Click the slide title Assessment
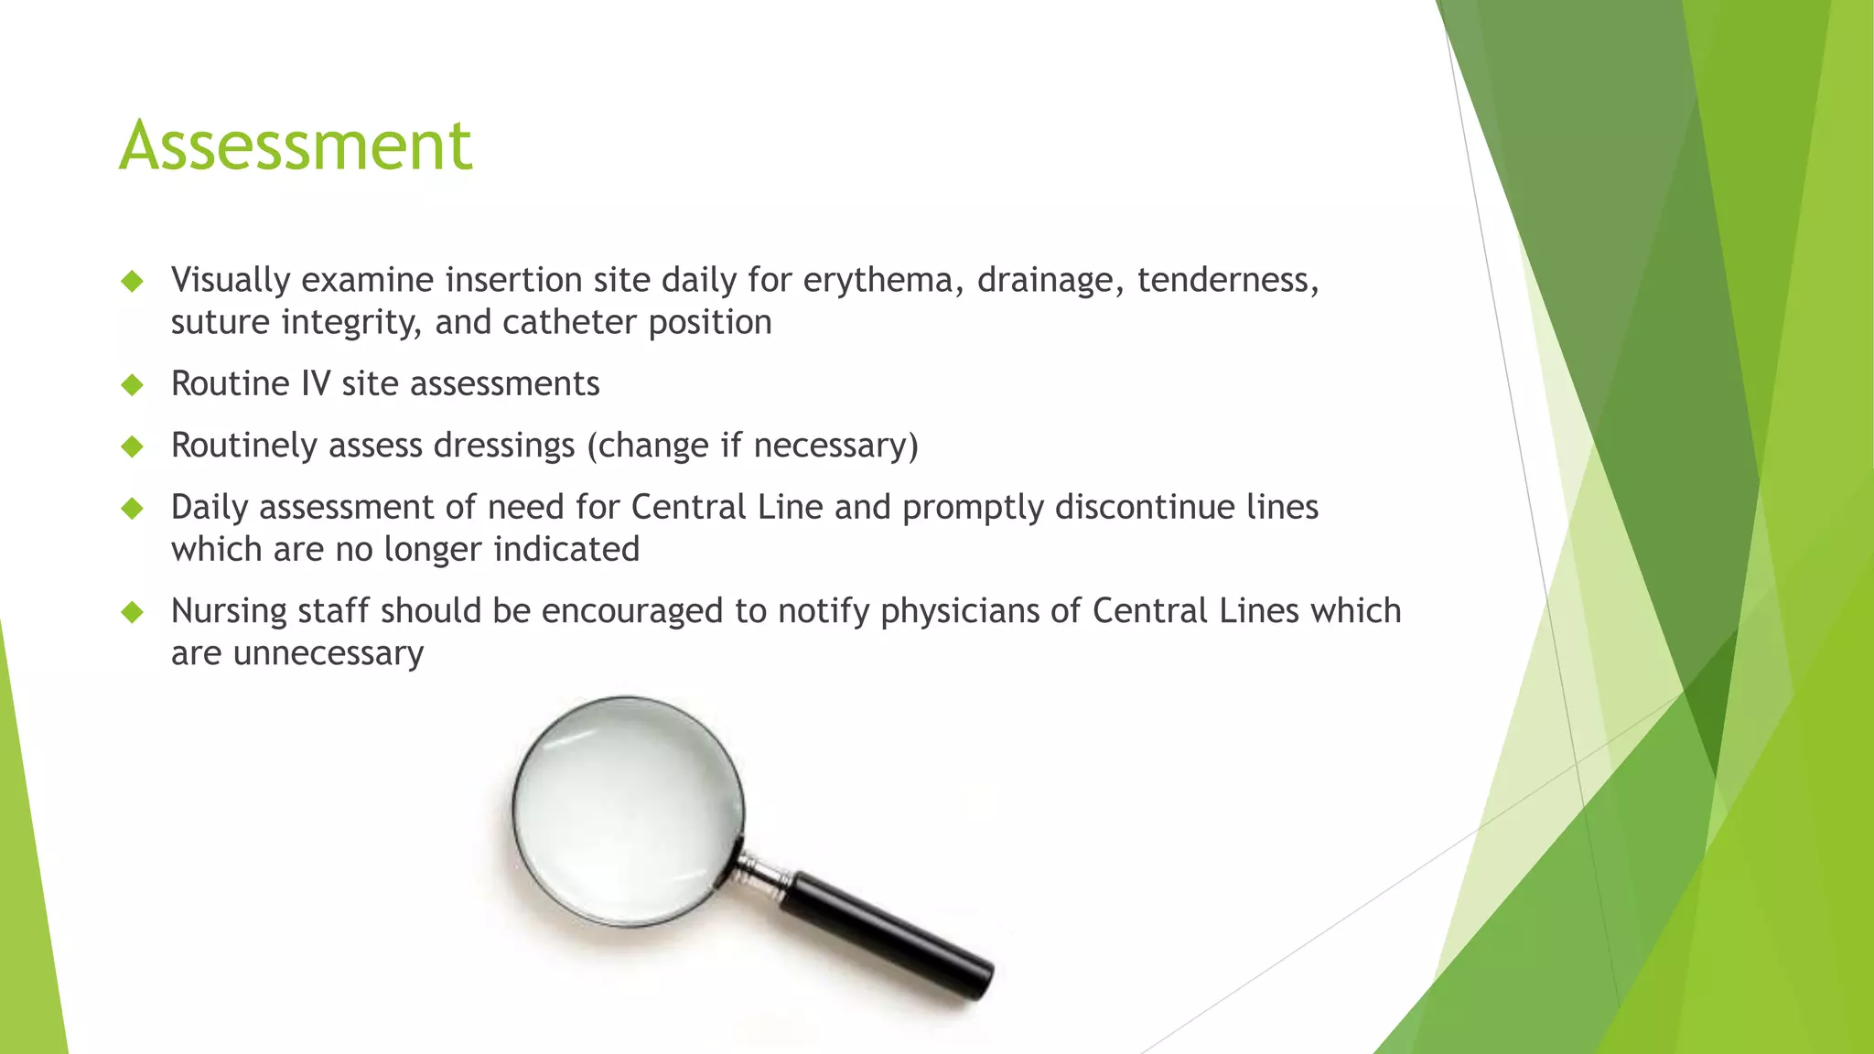(296, 145)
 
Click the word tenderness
(1227, 280)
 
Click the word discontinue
(1145, 508)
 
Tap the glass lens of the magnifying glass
(628, 811)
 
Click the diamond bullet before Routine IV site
(133, 384)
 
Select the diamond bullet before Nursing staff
(133, 611)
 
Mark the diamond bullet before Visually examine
(133, 280)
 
